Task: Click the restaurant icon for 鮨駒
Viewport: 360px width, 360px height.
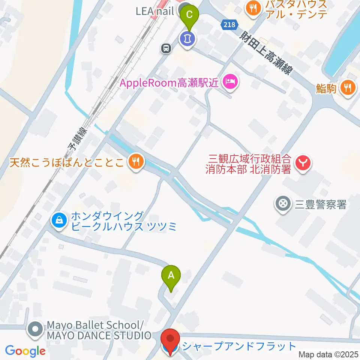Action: pyautogui.click(x=348, y=88)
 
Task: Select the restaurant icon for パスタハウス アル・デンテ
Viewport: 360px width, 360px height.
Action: pyautogui.click(x=253, y=9)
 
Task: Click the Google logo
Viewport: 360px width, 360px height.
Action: pyautogui.click(x=25, y=351)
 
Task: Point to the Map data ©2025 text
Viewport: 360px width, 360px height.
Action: pyautogui.click(x=329, y=354)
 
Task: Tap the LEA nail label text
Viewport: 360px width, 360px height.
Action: pyautogui.click(x=155, y=11)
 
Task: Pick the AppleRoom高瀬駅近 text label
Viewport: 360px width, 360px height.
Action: pyautogui.click(x=169, y=83)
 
